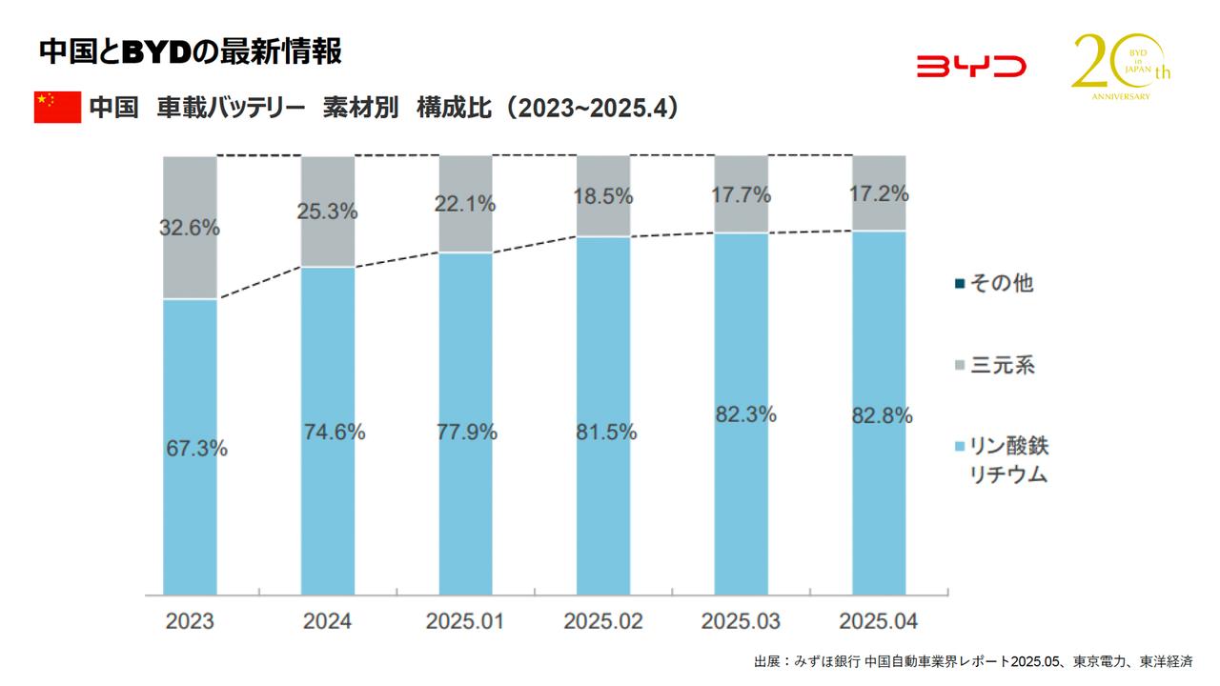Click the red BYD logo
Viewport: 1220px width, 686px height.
pos(970,67)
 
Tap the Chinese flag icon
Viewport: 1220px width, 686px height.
pos(57,108)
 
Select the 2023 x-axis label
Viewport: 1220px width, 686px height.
pos(190,621)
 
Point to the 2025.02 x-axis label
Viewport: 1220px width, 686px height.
pos(602,621)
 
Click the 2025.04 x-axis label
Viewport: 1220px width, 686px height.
pos(878,621)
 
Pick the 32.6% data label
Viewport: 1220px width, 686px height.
pos(190,229)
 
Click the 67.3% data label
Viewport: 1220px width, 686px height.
pos(195,448)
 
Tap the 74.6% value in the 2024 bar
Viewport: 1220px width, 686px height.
pos(333,432)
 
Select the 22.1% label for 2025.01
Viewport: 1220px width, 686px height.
pos(465,204)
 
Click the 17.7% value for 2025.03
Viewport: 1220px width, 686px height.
pos(741,195)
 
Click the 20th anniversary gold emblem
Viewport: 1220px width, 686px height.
pos(1118,67)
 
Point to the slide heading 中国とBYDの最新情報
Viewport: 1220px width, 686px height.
pos(190,52)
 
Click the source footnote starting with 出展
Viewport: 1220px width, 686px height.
pos(972,661)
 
